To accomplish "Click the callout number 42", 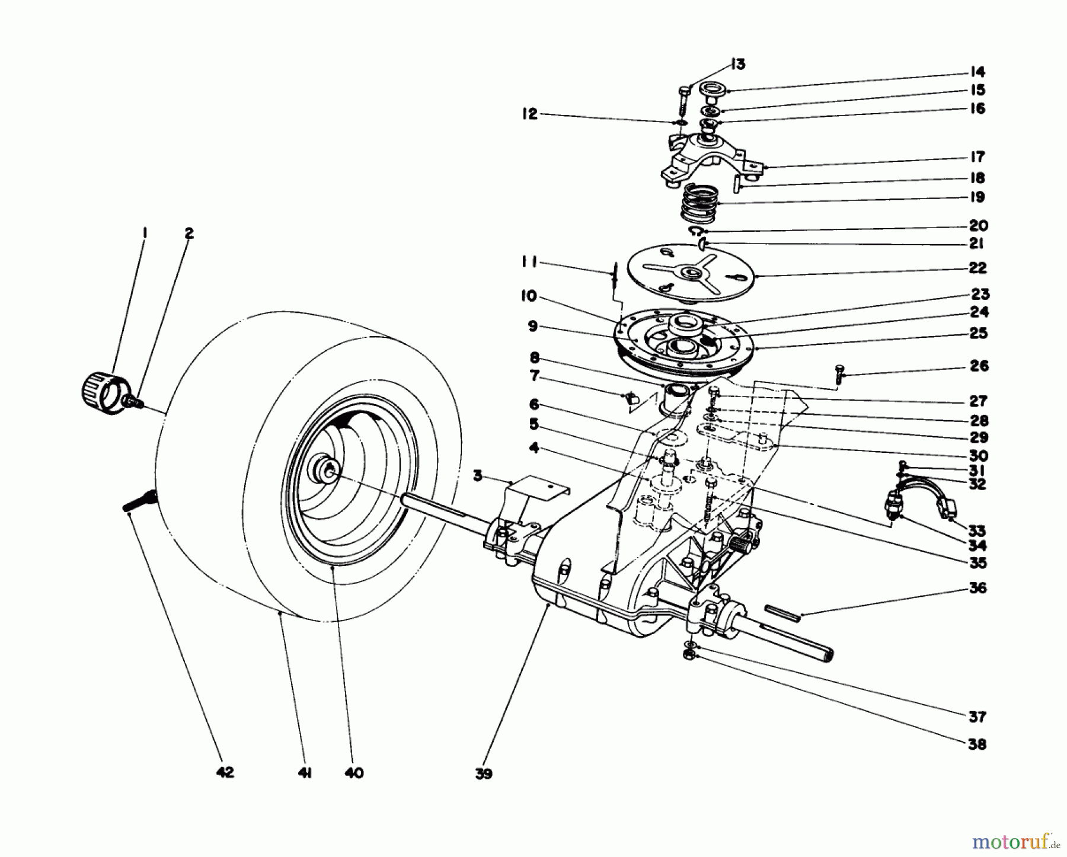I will (x=225, y=772).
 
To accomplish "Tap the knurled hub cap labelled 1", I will (x=99, y=391).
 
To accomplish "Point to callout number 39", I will (x=484, y=774).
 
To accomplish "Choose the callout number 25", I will (x=979, y=332).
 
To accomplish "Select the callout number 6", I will (x=534, y=404).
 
